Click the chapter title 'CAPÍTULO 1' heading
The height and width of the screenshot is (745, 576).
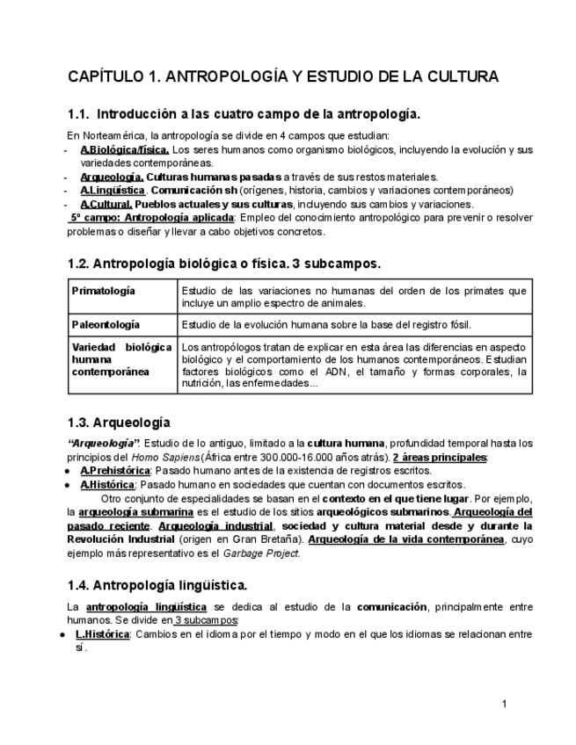283,76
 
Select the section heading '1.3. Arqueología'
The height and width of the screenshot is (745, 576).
119,423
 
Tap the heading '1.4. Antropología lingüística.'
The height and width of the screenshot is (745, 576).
157,584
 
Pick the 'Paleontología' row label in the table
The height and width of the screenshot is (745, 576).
106,325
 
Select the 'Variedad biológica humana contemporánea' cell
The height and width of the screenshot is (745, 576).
121,359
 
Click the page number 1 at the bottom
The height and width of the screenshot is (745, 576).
504,704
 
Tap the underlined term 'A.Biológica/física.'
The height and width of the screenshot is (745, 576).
125,149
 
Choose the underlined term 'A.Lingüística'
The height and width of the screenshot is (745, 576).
113,190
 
